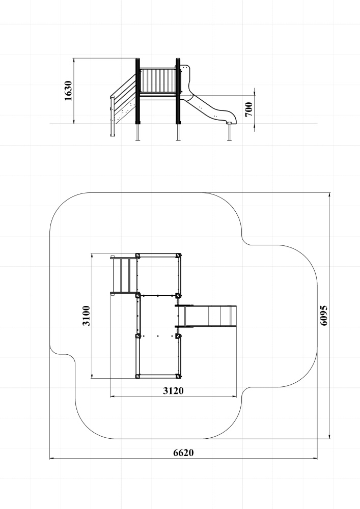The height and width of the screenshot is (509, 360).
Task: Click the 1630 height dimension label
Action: pyautogui.click(x=68, y=91)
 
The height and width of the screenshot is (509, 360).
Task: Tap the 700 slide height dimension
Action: pyautogui.click(x=248, y=109)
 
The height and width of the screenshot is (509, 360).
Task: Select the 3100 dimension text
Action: pyautogui.click(x=86, y=316)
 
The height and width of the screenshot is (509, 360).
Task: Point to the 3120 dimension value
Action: pyautogui.click(x=173, y=391)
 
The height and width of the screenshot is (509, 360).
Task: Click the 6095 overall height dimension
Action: pyautogui.click(x=324, y=315)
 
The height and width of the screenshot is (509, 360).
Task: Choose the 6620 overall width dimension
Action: pyautogui.click(x=183, y=453)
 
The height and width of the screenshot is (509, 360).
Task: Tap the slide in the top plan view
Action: pyautogui.click(x=206, y=316)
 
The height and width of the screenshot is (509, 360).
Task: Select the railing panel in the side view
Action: pyautogui.click(x=158, y=80)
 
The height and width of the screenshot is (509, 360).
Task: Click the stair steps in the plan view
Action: pyautogui.click(x=124, y=275)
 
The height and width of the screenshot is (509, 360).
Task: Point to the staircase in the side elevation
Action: pyautogui.click(x=123, y=104)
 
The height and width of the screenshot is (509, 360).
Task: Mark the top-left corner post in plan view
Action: pyautogui.click(x=137, y=256)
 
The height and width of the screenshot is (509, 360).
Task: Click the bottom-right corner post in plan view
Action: pyautogui.click(x=178, y=376)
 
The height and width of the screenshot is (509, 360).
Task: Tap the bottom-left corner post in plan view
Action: pyautogui.click(x=137, y=376)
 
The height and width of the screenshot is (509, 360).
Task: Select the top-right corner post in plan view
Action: pyautogui.click(x=178, y=256)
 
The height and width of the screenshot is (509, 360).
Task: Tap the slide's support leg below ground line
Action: pyautogui.click(x=230, y=132)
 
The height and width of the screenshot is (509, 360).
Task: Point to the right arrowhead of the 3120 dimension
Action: pyautogui.click(x=234, y=397)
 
